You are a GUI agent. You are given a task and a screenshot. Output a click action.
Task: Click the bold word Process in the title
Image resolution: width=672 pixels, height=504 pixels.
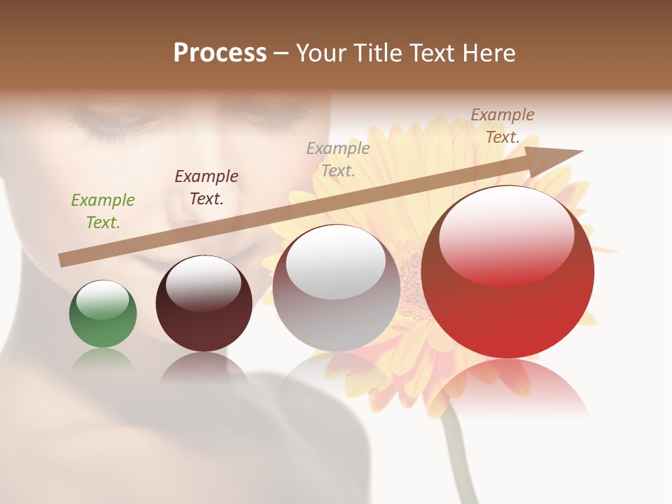[x=220, y=53]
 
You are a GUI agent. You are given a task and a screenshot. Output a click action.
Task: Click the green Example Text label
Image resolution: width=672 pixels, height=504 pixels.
[x=103, y=211]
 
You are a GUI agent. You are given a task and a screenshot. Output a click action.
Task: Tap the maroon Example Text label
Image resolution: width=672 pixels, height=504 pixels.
[x=206, y=188]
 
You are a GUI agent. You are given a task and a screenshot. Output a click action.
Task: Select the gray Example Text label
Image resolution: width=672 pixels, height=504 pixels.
[x=338, y=160]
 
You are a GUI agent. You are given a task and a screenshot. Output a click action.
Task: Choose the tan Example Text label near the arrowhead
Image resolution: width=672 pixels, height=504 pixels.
[x=503, y=126]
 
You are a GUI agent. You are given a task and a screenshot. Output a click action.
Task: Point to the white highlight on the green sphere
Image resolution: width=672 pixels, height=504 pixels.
[x=103, y=300]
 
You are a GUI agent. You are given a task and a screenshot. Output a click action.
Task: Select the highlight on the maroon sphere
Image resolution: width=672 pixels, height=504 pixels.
[x=204, y=283]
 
